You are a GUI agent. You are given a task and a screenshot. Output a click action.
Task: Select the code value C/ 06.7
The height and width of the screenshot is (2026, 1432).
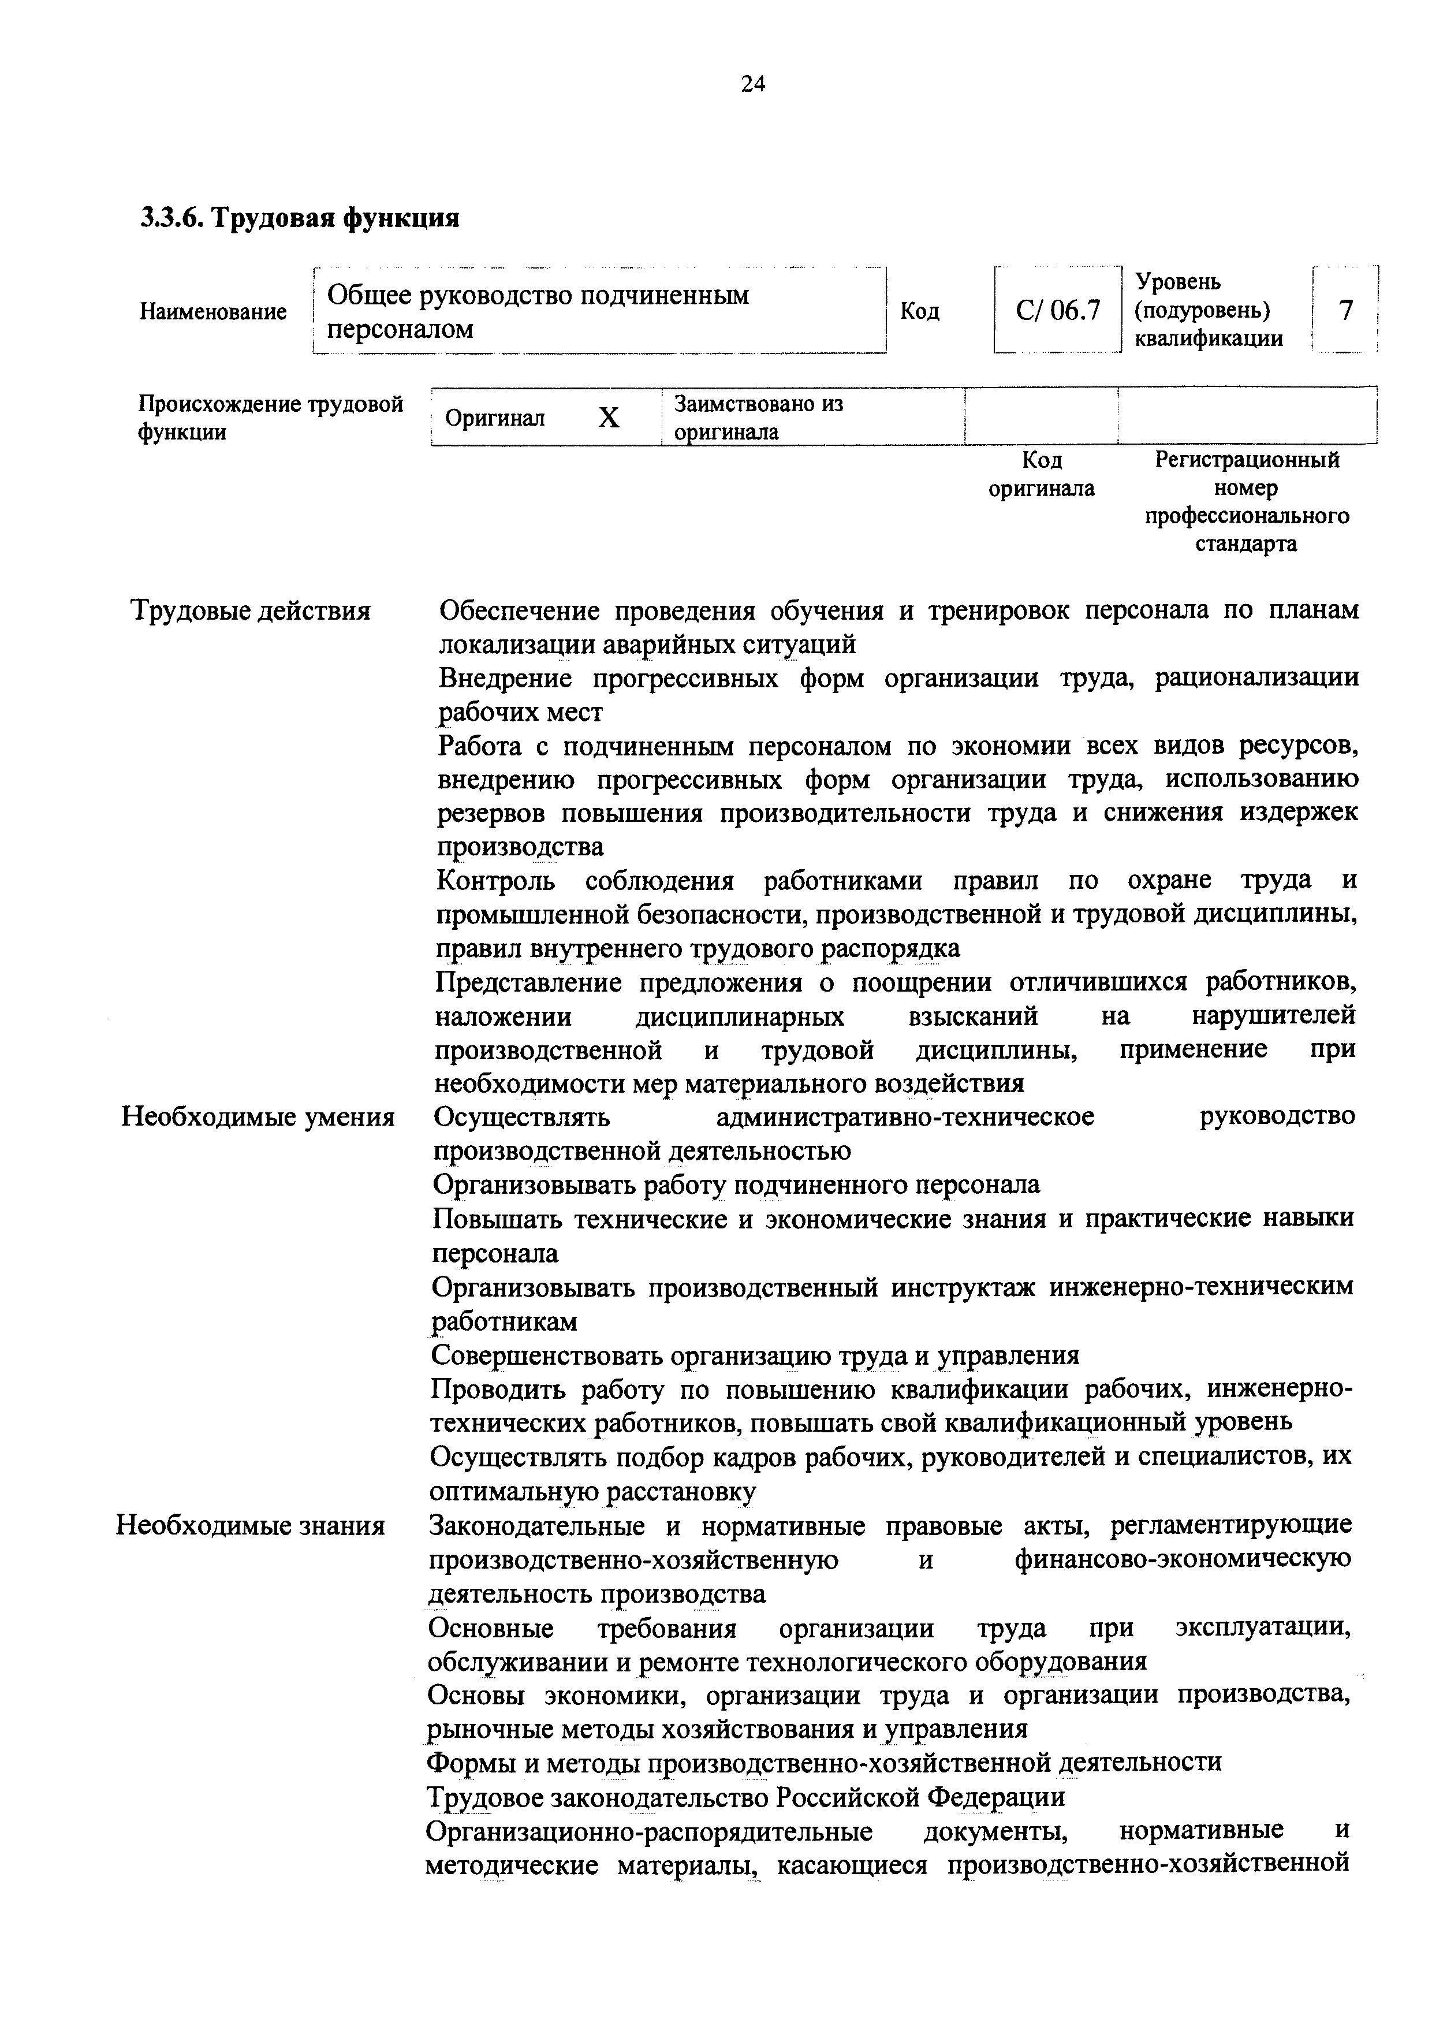click(1058, 311)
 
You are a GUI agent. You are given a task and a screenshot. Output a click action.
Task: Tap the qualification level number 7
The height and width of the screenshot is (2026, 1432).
click(1345, 311)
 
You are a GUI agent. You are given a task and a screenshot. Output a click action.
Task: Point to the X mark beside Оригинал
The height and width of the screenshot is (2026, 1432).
click(609, 418)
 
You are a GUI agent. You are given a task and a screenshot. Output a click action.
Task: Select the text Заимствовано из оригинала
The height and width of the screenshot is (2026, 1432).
click(757, 418)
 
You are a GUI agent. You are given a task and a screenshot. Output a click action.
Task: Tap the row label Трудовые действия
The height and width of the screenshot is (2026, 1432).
click(251, 610)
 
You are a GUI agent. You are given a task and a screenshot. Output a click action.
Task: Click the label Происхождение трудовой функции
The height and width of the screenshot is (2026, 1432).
click(270, 418)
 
